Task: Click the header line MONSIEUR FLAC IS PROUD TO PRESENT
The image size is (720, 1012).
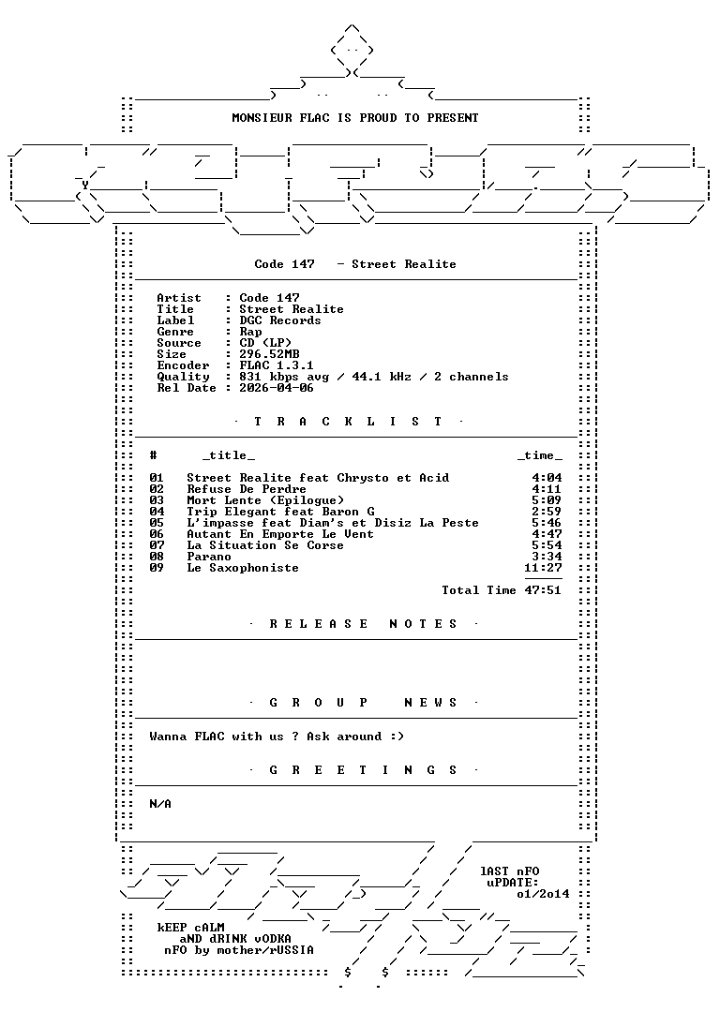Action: (x=355, y=117)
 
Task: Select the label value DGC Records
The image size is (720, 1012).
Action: (x=280, y=320)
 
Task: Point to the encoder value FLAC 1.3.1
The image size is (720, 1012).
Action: (x=277, y=365)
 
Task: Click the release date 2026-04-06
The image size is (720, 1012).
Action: (x=277, y=388)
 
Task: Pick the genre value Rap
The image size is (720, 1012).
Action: (x=250, y=332)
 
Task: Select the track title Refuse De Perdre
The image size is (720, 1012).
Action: (x=247, y=489)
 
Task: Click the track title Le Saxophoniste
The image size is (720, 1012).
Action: (x=243, y=568)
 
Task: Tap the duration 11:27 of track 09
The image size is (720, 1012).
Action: (x=543, y=568)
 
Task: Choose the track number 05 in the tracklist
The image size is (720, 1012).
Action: (x=157, y=523)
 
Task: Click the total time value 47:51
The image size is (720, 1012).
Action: (x=543, y=590)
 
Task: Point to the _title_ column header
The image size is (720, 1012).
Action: (x=229, y=455)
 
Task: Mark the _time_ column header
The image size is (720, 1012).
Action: (x=540, y=455)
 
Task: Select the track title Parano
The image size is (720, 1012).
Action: (x=209, y=557)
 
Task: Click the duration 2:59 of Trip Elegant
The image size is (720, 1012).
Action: (x=547, y=512)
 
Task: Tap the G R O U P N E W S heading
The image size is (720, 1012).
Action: (x=363, y=702)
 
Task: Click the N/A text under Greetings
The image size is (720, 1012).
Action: (x=160, y=804)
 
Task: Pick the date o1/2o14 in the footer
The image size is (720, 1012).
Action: (x=543, y=894)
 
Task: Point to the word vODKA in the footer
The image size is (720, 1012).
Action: (x=273, y=938)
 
